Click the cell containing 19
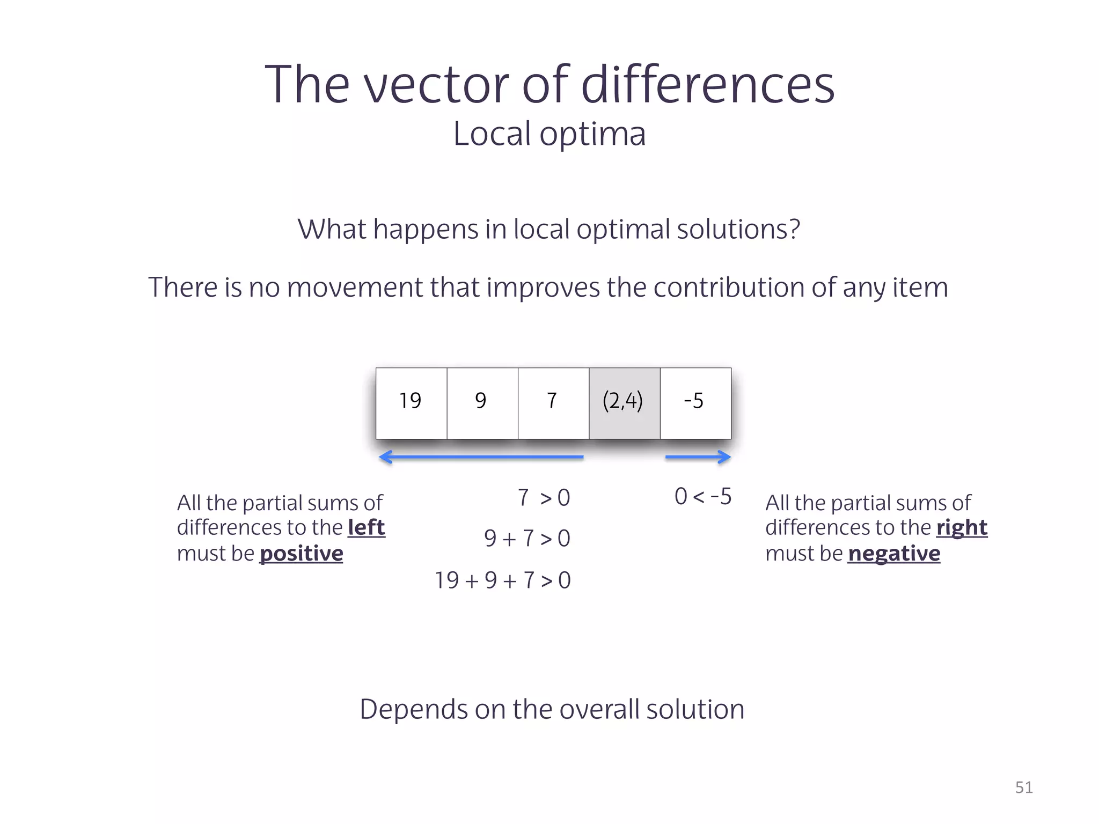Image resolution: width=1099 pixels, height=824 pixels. click(x=411, y=402)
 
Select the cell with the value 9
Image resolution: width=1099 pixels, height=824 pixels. click(x=482, y=402)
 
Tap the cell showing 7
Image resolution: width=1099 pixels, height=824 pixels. click(x=553, y=402)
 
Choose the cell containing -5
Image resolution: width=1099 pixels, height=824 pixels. click(x=695, y=402)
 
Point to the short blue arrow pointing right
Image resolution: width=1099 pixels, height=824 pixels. click(x=698, y=457)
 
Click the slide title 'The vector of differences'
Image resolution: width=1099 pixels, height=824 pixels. click(x=549, y=84)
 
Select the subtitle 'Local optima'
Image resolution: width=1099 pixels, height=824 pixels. click(x=549, y=134)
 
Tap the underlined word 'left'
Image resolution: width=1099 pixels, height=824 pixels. click(x=367, y=528)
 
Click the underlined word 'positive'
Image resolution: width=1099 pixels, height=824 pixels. click(x=301, y=554)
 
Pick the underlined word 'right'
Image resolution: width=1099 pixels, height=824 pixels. click(x=962, y=528)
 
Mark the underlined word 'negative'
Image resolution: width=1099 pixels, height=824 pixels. click(x=894, y=554)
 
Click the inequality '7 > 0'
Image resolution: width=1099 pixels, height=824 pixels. click(x=544, y=498)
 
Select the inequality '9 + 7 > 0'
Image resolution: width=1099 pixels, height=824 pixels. click(x=527, y=539)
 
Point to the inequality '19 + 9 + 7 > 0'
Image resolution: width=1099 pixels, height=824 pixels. click(x=502, y=580)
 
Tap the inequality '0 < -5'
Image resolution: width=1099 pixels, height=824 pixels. click(x=703, y=497)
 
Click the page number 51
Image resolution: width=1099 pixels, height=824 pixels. click(x=1024, y=788)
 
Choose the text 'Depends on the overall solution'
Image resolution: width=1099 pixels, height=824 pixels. click(x=552, y=709)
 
